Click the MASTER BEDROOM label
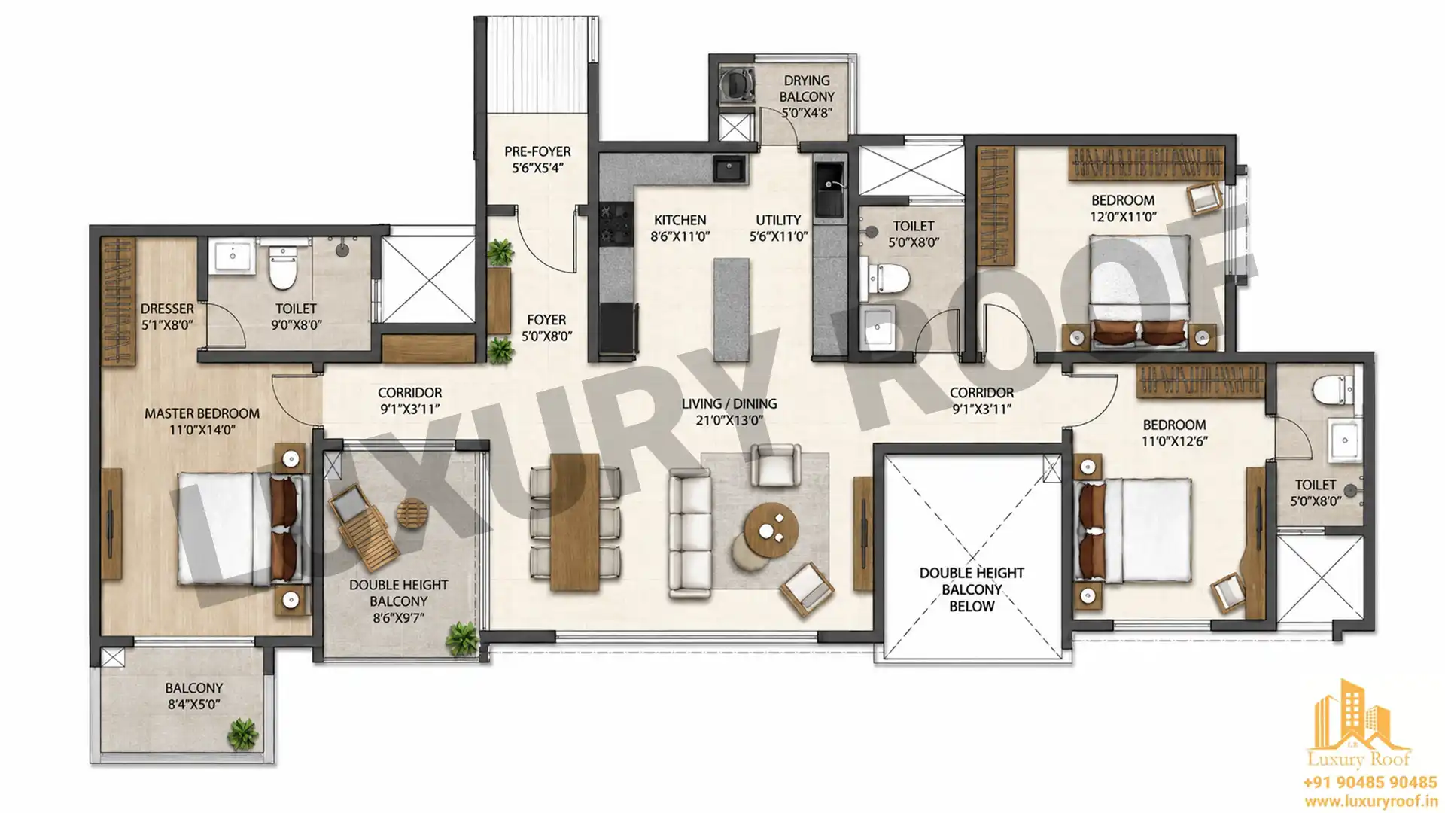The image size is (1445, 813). point(202,413)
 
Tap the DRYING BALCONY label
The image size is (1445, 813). point(807,88)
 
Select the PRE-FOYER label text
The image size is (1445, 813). point(537,151)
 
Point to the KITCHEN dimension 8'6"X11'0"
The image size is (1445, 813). point(680,236)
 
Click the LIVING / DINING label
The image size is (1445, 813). point(729,403)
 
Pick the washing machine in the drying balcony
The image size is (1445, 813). point(737,84)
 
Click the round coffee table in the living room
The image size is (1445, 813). point(771,531)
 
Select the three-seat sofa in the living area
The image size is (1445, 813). point(689,534)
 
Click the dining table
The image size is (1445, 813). point(575,522)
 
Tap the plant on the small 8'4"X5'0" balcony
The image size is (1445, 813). point(242,733)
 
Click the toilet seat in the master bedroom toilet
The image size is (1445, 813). point(282,269)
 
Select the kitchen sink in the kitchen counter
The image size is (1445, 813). point(729,169)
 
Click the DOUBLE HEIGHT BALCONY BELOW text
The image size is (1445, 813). point(972,589)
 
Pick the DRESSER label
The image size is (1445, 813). point(167,309)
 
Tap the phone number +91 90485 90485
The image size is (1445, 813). point(1370,783)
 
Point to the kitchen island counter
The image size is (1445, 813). point(731,309)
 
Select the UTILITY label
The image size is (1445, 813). point(778,220)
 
